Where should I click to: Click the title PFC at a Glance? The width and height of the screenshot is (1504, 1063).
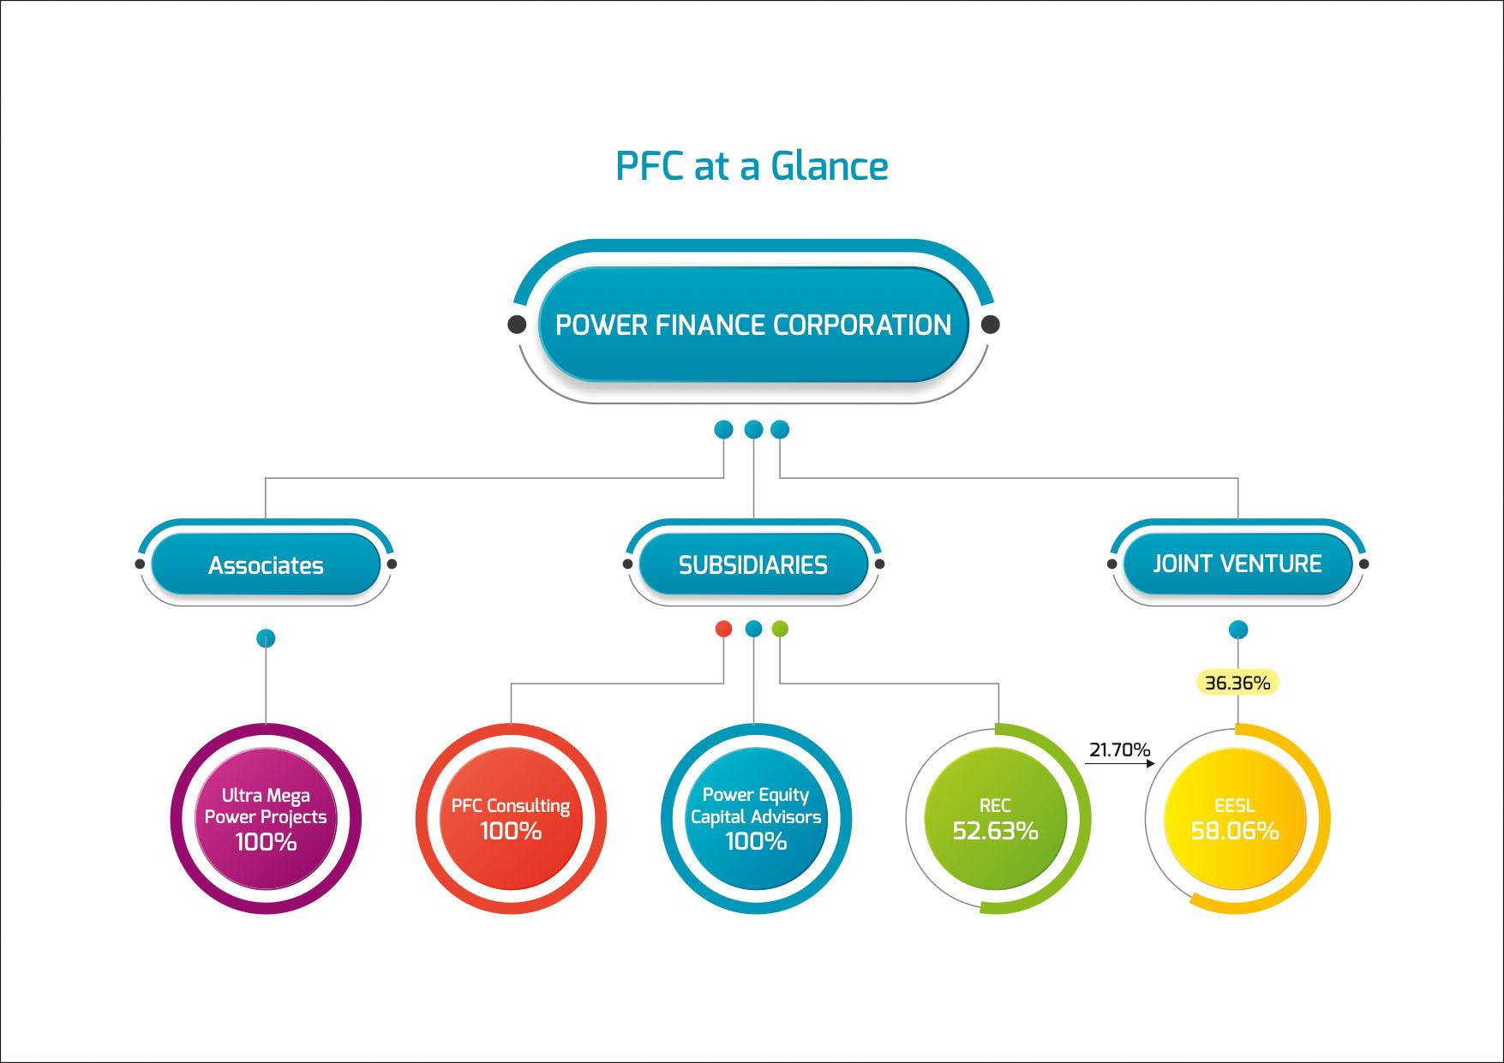tap(752, 165)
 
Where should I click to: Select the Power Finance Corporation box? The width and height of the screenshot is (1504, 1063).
tap(753, 325)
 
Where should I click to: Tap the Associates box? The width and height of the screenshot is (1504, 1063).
tap(266, 564)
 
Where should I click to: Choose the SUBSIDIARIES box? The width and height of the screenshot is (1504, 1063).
tap(753, 564)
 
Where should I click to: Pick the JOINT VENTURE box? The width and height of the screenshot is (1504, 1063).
tap(1237, 564)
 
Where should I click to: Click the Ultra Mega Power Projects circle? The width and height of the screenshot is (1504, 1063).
tap(266, 818)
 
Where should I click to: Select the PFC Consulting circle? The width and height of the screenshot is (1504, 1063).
tap(511, 818)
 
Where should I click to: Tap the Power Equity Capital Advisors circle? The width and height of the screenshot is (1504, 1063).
tap(756, 818)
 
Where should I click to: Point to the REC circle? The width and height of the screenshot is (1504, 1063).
tap(996, 818)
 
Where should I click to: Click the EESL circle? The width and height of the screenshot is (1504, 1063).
tap(1235, 818)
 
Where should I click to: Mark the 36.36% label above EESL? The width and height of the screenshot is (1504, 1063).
tap(1237, 683)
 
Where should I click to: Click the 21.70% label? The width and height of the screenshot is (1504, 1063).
tap(1119, 749)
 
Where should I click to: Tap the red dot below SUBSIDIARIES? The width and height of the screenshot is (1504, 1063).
tap(724, 629)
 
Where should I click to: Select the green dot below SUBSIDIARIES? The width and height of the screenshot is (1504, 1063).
tap(780, 629)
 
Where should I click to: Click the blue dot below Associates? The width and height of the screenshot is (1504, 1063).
tap(266, 638)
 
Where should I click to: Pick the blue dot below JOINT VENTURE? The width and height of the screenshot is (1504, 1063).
tap(1237, 630)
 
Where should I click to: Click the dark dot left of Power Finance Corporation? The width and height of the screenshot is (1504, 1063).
tap(517, 325)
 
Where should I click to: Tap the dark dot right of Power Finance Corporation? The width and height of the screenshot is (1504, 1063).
tap(990, 325)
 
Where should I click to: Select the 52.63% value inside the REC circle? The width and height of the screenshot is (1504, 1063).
tap(995, 830)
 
